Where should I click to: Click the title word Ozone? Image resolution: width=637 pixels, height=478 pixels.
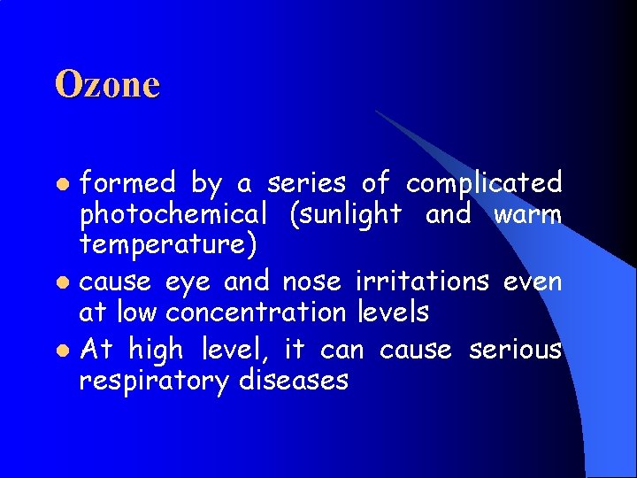[x=107, y=85]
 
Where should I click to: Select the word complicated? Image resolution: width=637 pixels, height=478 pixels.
[x=484, y=183]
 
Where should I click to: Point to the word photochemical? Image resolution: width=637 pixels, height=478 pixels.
[x=173, y=215]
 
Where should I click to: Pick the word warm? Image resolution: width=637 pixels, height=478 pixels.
[x=528, y=215]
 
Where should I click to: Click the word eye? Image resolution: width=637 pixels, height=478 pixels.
[x=188, y=281]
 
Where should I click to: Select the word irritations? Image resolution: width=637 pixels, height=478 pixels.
[x=422, y=281]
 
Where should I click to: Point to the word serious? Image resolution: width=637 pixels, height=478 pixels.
[x=516, y=349]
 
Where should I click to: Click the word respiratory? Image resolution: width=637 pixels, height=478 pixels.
[x=155, y=382]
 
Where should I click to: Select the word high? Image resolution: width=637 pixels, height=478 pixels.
[x=155, y=351]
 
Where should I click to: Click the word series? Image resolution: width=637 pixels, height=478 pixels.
[x=308, y=183]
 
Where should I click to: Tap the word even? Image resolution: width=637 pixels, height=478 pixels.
[x=533, y=281]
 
